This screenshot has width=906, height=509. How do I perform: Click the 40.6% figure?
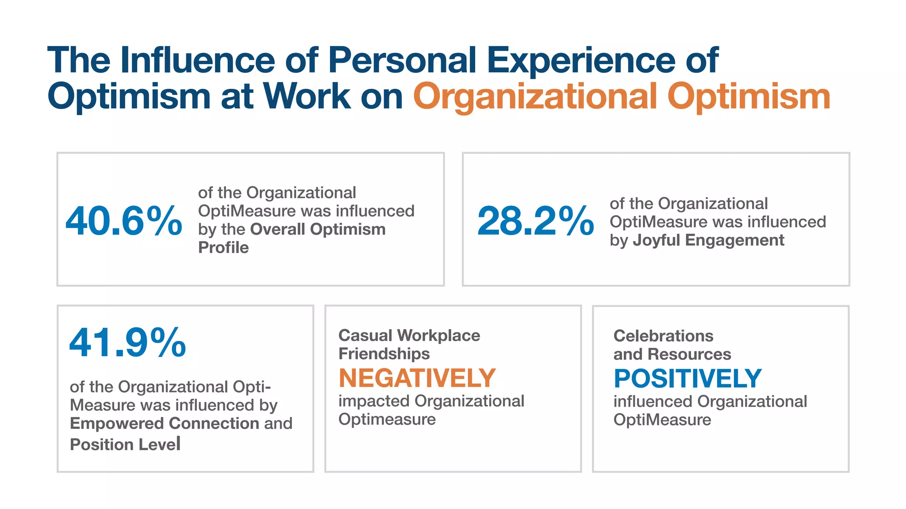(123, 221)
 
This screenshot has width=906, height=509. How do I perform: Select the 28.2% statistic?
(535, 221)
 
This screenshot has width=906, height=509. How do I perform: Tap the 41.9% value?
(127, 342)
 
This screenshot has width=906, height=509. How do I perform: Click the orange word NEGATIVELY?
(417, 378)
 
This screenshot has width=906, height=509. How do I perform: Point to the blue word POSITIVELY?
(687, 379)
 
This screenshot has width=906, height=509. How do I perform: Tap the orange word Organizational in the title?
(535, 97)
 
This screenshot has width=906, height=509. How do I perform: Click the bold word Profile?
(223, 247)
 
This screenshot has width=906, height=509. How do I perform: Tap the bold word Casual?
(365, 335)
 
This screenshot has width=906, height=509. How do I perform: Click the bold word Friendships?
(384, 354)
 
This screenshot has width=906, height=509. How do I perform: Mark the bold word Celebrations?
(663, 336)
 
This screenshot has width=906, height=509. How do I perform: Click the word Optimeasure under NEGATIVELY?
(387, 419)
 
